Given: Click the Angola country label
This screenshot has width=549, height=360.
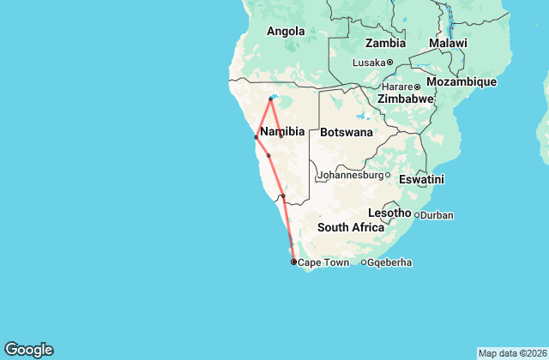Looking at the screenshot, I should [x=286, y=32].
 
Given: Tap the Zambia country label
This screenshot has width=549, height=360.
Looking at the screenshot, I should [x=385, y=44].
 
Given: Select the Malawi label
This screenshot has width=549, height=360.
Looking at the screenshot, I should [x=449, y=44].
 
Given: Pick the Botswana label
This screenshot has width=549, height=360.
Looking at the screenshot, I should [x=347, y=133].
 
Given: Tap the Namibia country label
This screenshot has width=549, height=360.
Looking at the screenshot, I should [x=282, y=131].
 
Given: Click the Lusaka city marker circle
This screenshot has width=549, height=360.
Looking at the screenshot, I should [x=389, y=63].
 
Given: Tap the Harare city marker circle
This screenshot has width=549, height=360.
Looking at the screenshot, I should [x=418, y=87].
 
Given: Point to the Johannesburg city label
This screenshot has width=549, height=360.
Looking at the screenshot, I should [x=349, y=176].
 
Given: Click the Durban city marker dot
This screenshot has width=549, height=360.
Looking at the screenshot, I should [x=417, y=215].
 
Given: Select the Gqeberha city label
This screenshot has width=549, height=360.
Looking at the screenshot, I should [x=390, y=262].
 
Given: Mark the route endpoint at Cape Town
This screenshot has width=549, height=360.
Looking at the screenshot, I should [x=293, y=261].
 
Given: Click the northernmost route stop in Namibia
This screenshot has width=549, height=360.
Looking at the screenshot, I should [x=271, y=99].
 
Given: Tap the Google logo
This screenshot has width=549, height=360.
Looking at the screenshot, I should [x=28, y=350].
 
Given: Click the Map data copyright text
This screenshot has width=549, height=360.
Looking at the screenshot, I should [x=511, y=353].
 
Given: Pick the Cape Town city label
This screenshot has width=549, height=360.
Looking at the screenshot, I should [x=323, y=262].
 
